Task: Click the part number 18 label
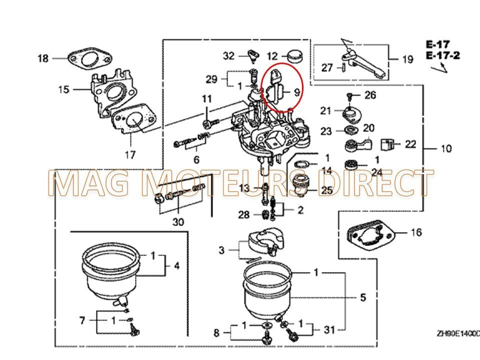[43, 58]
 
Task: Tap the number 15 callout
[63, 89]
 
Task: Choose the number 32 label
[228, 56]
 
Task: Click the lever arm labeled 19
[365, 63]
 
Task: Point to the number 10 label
[446, 148]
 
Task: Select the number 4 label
[176, 265]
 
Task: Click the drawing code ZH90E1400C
[457, 333]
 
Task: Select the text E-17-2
[442, 55]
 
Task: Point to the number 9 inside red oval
[296, 92]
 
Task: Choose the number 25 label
[327, 190]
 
